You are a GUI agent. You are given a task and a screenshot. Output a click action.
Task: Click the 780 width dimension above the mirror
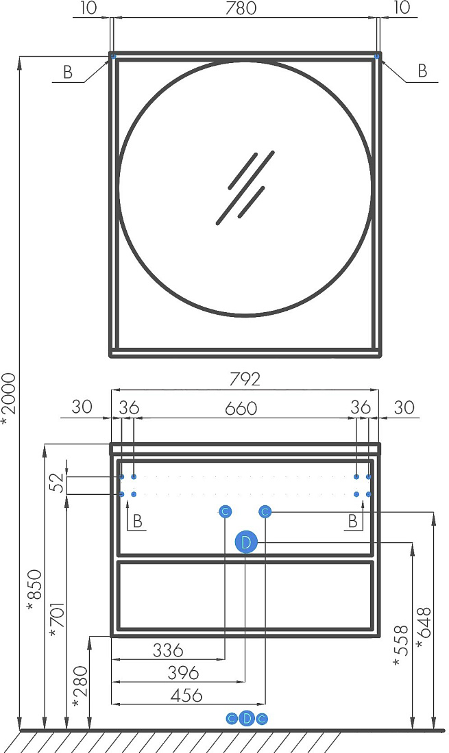pyautogui.click(x=241, y=8)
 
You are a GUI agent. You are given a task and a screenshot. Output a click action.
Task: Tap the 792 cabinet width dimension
pyautogui.click(x=245, y=379)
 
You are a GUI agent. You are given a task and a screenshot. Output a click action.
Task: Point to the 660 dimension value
pyautogui.click(x=241, y=409)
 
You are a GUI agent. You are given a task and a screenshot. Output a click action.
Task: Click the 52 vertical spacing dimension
pyautogui.click(x=57, y=483)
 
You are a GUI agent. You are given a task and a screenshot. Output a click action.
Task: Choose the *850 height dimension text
pyautogui.click(x=34, y=590)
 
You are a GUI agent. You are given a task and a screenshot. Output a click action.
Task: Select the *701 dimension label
pyautogui.click(x=57, y=620)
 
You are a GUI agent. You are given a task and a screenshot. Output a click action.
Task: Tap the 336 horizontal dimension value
pyautogui.click(x=168, y=650)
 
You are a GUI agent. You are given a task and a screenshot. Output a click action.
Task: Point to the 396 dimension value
pyautogui.click(x=183, y=673)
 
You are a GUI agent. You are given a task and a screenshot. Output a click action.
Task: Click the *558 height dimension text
pyautogui.click(x=401, y=646)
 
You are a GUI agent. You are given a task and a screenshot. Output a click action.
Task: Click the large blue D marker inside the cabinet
pyautogui.click(x=246, y=543)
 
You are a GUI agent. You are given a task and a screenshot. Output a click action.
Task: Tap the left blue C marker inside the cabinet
pyautogui.click(x=225, y=512)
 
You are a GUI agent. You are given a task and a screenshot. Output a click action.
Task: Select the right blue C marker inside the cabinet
pyautogui.click(x=265, y=512)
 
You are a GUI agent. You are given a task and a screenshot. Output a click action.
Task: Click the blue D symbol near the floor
pyautogui.click(x=247, y=718)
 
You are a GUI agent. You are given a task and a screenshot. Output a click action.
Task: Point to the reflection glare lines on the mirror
pyautogui.click(x=245, y=188)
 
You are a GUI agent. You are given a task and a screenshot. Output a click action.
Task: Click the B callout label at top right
pyautogui.click(x=422, y=71)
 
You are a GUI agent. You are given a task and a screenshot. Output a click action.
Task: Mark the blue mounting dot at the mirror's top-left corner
pyautogui.click(x=114, y=57)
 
